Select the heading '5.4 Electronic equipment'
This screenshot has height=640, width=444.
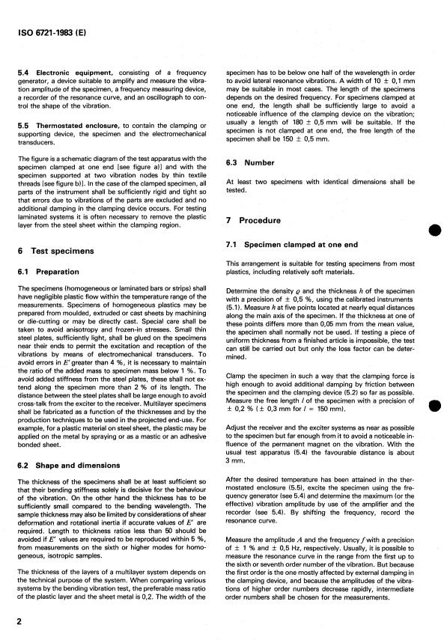[58, 70]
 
